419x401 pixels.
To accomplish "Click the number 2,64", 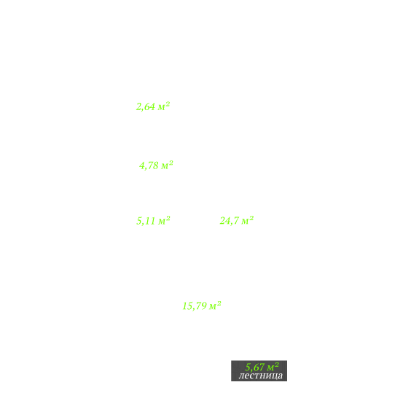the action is pos(146,106).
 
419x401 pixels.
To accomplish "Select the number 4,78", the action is pos(149,166).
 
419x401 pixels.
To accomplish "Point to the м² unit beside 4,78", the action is pos(167,165).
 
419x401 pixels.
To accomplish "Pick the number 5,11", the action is pos(146,221).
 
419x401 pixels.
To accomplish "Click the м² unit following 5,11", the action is pos(164,220).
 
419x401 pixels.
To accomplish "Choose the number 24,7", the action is pos(230,220).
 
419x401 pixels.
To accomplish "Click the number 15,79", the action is pos(195,306).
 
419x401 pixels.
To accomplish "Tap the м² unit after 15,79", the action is pos(215,305).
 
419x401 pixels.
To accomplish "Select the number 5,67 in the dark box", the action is pos(254,367).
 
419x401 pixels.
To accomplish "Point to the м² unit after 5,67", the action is pos(273,366).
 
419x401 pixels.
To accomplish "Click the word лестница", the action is pos(261,375).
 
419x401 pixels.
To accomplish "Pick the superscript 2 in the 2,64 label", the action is pos(168,104).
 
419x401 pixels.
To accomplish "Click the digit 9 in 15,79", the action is pos(203,306).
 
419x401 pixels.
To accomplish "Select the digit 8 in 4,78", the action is pos(156,166).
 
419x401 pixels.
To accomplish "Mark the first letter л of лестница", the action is pos(240,376).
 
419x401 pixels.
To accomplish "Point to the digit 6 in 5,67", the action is pos(256,367).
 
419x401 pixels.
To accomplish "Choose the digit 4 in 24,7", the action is pos(227,220).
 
